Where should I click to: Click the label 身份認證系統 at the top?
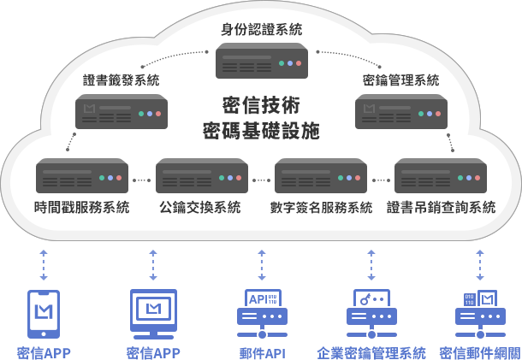click(x=261, y=29)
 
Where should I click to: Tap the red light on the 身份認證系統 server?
click(x=299, y=63)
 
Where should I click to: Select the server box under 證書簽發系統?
click(x=122, y=111)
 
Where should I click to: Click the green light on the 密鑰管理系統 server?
click(x=421, y=114)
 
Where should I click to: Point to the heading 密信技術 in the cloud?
click(x=261, y=105)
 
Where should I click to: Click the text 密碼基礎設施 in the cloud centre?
click(x=261, y=131)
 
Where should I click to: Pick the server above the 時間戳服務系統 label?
click(x=82, y=175)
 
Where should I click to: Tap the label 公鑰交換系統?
click(x=200, y=207)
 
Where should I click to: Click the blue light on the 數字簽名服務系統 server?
click(x=349, y=178)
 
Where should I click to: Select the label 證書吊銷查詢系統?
click(x=441, y=207)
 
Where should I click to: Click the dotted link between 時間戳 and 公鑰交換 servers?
click(x=142, y=180)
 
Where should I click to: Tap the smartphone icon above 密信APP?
click(x=44, y=314)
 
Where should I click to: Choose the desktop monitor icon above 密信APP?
click(x=153, y=314)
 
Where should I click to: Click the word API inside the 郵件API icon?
click(x=258, y=299)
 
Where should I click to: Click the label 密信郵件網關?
click(x=480, y=352)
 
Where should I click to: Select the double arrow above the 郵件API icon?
click(x=262, y=265)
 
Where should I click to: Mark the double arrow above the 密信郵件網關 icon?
click(x=480, y=265)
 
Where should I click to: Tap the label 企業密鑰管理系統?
click(x=371, y=352)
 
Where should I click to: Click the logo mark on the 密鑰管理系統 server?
click(x=369, y=109)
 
